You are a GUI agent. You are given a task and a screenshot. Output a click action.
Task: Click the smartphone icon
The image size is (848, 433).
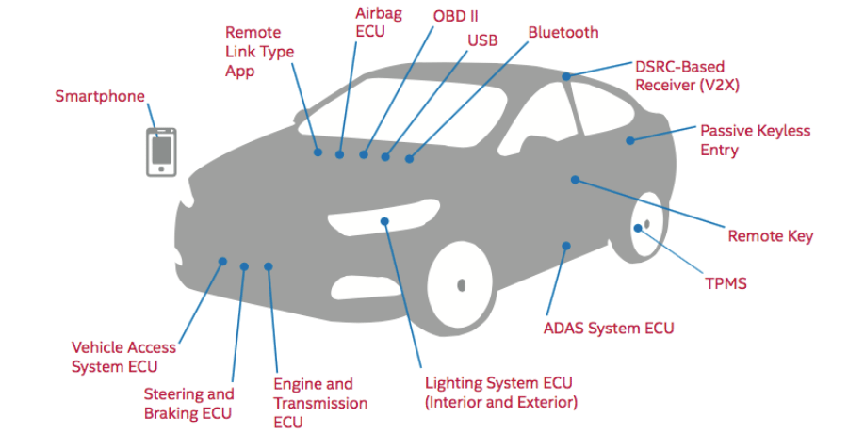click(161, 152)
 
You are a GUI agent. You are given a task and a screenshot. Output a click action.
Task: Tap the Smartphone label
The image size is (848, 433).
click(100, 96)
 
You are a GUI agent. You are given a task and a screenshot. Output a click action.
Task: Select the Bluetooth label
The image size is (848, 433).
click(563, 33)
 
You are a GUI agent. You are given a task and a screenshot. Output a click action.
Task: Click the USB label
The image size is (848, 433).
click(482, 40)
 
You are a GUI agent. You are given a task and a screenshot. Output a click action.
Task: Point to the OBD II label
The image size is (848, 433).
click(455, 17)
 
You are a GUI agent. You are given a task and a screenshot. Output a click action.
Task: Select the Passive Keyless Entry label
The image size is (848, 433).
click(755, 140)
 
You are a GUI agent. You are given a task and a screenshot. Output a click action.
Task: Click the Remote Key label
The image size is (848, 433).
click(770, 236)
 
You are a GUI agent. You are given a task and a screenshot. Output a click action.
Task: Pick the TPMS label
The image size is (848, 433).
click(726, 282)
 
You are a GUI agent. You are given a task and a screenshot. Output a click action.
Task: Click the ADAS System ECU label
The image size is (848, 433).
click(609, 329)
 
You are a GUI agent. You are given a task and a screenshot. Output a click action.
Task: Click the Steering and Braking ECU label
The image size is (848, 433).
click(188, 403)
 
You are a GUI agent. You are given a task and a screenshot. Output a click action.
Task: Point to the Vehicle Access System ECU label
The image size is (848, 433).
click(123, 357)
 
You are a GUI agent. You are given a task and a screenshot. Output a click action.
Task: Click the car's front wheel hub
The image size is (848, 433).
click(461, 284)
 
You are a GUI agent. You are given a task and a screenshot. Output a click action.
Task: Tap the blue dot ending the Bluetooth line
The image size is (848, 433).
click(410, 159)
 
